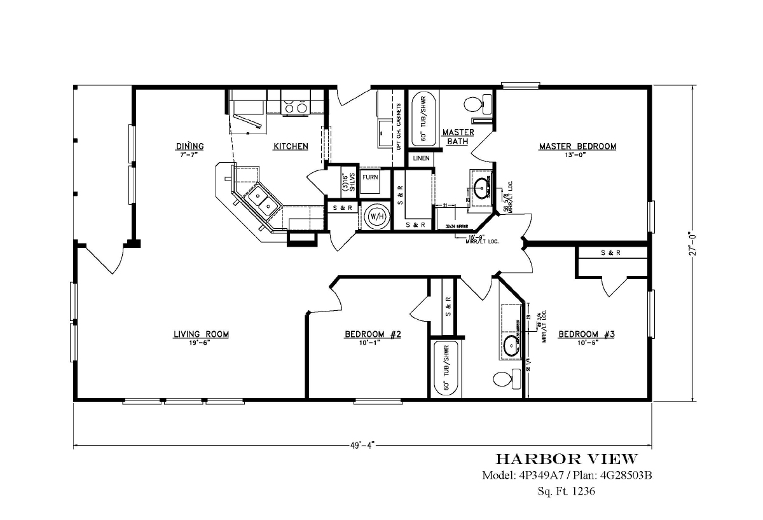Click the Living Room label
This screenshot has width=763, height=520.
pos(201,334)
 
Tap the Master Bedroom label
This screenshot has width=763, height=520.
pos(577,147)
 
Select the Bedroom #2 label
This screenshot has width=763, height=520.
pos(373,334)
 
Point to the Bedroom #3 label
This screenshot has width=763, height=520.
pos(586,334)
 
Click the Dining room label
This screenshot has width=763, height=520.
pos(189,147)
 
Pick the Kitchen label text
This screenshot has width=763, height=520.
pos(291,147)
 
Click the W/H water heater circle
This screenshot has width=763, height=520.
pos(376,216)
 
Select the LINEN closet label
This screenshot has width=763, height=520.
pos(421,158)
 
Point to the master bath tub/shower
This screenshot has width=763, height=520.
pos(422,119)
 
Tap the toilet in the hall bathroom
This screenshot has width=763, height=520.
pos(502,379)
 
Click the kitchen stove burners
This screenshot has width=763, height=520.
pos(295,103)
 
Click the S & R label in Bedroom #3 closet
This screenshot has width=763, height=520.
pos(610,253)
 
